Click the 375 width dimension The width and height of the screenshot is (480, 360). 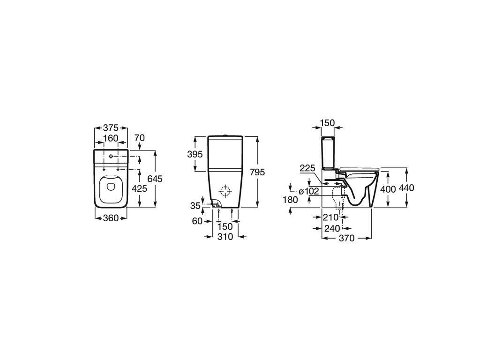(x=111, y=128)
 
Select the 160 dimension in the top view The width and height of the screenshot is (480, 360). (x=111, y=138)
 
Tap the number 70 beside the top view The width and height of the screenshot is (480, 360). (x=140, y=138)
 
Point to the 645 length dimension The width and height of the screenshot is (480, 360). (x=155, y=179)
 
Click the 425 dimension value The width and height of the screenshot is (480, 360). (x=139, y=188)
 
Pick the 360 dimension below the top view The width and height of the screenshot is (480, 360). (x=111, y=218)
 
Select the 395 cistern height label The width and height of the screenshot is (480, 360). (x=195, y=154)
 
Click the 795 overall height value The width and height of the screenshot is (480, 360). (x=257, y=172)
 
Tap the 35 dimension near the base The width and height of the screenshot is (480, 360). (x=195, y=206)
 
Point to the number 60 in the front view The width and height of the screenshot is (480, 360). (x=197, y=221)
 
